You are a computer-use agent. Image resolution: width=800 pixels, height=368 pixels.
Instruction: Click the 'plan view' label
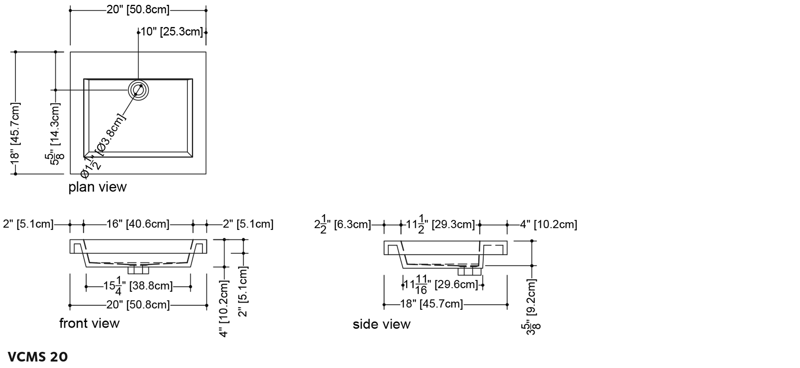(97, 187)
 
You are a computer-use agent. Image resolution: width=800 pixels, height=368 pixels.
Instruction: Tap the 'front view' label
(89, 323)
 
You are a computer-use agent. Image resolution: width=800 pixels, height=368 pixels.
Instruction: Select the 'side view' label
(381, 324)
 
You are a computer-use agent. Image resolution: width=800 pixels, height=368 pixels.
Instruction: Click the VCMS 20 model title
(38, 357)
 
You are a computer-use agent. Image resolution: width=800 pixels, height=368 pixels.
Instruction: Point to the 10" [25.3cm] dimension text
(172, 32)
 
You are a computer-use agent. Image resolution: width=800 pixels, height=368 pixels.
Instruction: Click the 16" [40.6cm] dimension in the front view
(138, 224)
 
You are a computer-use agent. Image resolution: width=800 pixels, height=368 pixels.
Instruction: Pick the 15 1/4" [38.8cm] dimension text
(138, 286)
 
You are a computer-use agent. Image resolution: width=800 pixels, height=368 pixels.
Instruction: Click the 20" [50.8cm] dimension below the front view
(138, 305)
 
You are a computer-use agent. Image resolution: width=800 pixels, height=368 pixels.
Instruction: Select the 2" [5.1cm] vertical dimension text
(242, 292)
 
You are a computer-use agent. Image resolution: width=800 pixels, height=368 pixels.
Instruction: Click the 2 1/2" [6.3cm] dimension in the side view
(343, 224)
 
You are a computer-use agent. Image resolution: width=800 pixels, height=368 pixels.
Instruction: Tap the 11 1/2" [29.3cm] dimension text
(440, 224)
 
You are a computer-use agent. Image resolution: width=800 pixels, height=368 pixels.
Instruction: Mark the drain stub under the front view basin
(138, 270)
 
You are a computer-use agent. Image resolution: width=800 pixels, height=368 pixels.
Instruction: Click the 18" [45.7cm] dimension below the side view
(432, 304)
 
